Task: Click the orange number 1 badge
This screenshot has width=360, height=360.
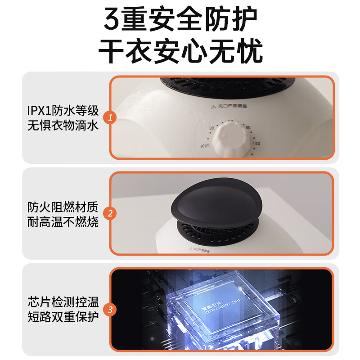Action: click(110, 118)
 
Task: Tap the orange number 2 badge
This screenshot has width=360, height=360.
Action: click(110, 213)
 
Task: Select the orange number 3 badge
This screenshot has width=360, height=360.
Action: click(110, 310)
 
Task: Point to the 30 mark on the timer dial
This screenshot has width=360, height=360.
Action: click(211, 128)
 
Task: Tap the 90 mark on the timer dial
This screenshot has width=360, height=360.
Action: click(248, 128)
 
